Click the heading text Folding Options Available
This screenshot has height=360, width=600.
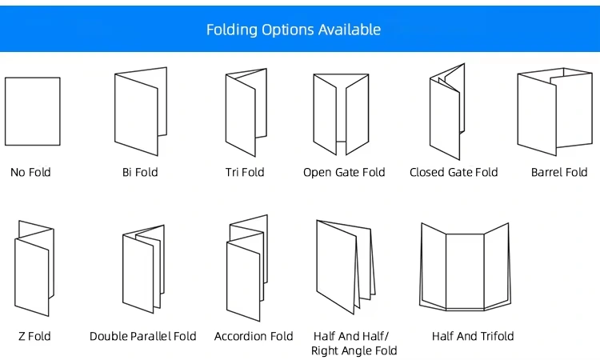(294, 30)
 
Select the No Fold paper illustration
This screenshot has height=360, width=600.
(33, 111)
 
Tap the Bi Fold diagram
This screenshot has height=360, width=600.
(141, 111)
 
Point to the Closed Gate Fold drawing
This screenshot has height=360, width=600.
(446, 112)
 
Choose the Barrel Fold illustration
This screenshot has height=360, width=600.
(554, 110)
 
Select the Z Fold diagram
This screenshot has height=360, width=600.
(34, 267)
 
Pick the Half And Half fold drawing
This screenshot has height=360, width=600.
(346, 267)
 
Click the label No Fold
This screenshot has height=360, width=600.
(30, 172)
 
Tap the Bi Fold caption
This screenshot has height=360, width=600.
(140, 172)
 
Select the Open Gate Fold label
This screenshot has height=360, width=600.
(344, 172)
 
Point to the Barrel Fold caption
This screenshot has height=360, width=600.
(559, 172)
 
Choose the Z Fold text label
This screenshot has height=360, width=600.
(33, 336)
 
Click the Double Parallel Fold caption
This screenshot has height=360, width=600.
(143, 336)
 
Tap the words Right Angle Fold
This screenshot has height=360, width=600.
(354, 350)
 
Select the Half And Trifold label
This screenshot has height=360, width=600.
(473, 336)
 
